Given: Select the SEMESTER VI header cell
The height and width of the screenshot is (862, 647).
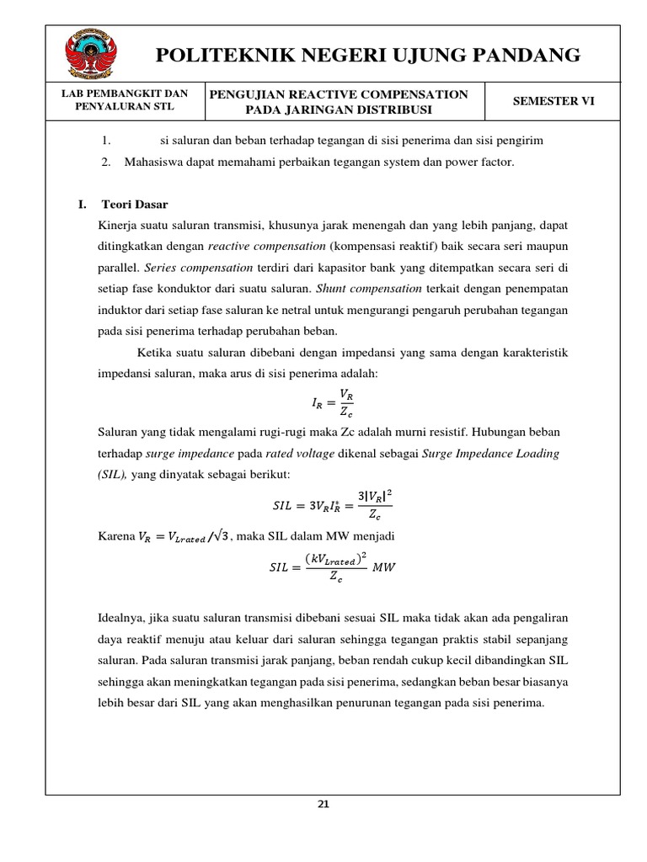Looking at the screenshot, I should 553,101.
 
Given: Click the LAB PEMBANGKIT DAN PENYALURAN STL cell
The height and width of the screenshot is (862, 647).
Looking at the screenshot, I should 126,101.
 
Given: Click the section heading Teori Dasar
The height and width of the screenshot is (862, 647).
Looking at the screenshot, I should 135,205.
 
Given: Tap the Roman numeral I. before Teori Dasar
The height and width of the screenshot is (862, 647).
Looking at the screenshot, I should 83,205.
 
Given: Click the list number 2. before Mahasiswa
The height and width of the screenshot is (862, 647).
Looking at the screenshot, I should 106,162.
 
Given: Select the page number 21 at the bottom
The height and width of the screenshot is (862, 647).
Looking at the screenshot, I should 323,804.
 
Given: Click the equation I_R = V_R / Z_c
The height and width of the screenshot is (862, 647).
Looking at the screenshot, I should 333,402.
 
